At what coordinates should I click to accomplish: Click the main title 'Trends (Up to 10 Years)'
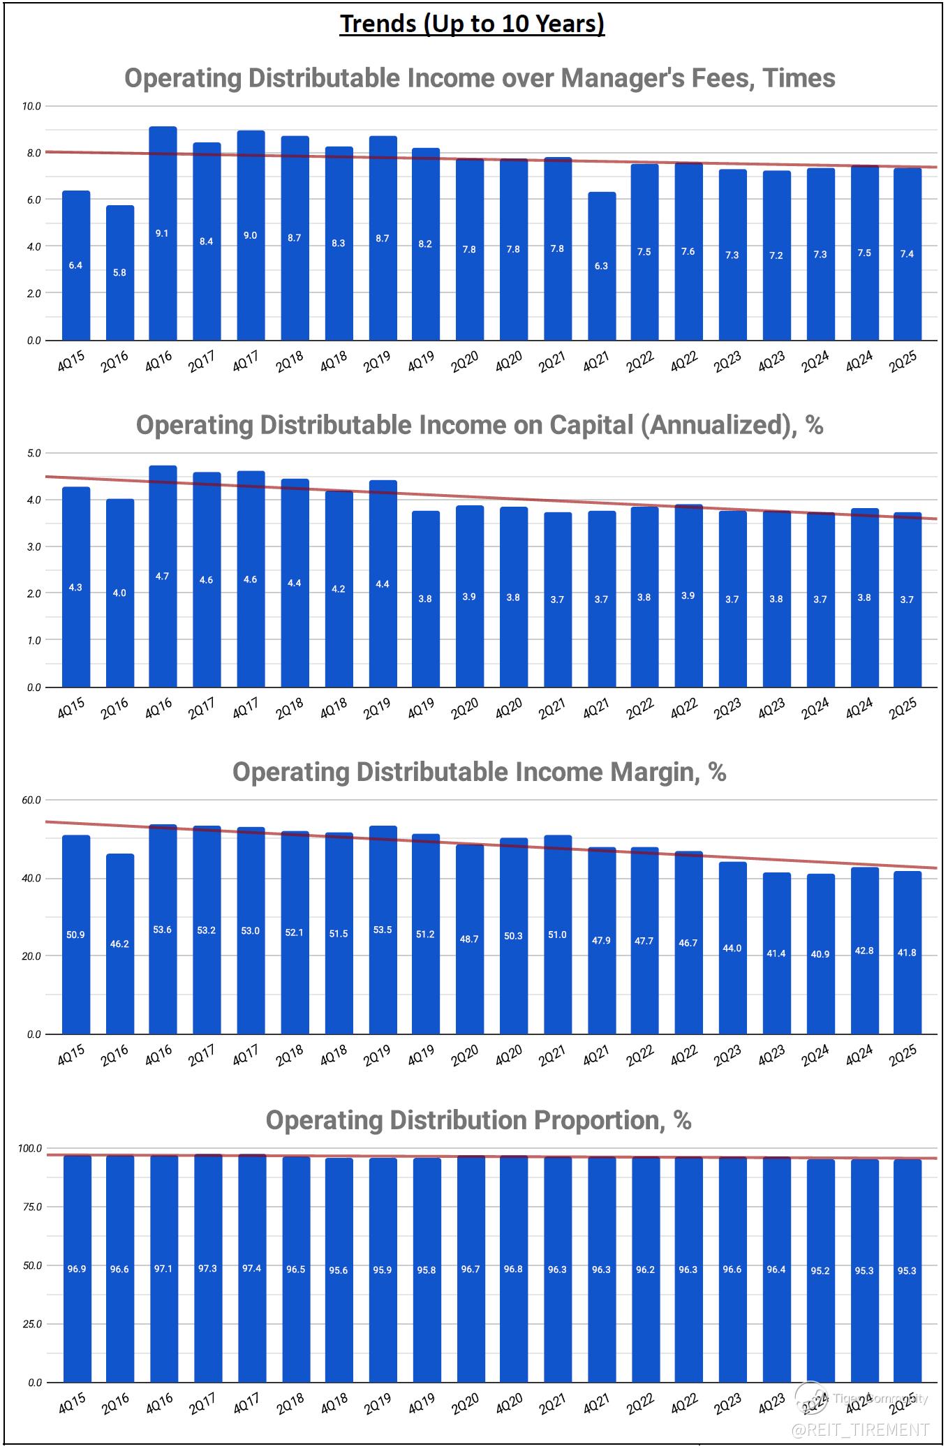click(x=472, y=24)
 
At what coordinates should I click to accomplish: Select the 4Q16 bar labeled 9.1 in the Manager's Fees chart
click(x=163, y=234)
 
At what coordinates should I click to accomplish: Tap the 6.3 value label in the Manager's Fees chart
click(x=600, y=266)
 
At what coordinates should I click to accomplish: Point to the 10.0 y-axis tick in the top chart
click(x=31, y=106)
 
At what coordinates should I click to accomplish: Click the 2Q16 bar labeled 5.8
click(x=119, y=273)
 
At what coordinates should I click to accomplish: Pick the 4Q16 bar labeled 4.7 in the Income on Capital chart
click(x=163, y=576)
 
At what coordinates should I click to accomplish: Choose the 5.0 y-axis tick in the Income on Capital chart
click(x=34, y=453)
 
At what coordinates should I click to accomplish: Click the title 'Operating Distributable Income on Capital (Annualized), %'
click(x=479, y=425)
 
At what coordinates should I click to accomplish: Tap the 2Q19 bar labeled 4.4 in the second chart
click(x=383, y=583)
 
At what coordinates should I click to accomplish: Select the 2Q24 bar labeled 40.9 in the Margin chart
click(x=820, y=954)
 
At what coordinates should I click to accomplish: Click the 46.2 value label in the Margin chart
click(x=119, y=944)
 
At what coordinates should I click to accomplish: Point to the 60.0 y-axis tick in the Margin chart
click(x=31, y=800)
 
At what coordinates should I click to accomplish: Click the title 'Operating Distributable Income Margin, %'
click(x=479, y=772)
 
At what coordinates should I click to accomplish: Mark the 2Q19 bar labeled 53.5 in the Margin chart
click(x=383, y=930)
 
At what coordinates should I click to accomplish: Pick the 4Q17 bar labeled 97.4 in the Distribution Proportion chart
click(x=251, y=1268)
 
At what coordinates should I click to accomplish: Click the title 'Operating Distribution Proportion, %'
click(x=478, y=1120)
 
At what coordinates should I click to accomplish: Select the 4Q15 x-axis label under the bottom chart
click(x=71, y=1404)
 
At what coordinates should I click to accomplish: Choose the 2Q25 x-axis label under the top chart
click(x=902, y=362)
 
